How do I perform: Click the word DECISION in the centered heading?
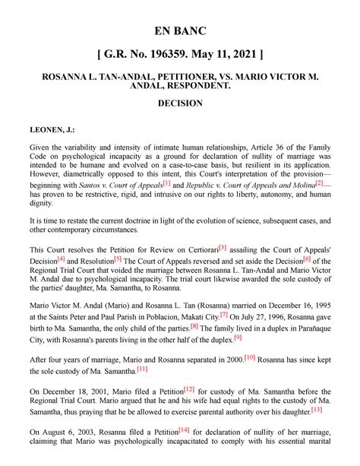click(179, 103)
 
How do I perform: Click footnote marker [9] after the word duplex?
click(238, 337)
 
